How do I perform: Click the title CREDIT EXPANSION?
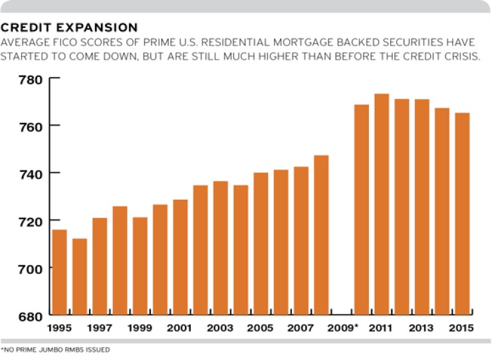click(x=69, y=28)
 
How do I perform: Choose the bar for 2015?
click(x=462, y=213)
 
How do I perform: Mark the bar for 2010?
click(x=362, y=209)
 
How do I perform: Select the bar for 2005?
click(x=261, y=243)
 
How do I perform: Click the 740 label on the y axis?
click(x=28, y=173)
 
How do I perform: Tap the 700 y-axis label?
click(x=28, y=268)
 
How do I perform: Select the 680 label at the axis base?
click(x=28, y=315)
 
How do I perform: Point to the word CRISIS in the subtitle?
click(x=461, y=56)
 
